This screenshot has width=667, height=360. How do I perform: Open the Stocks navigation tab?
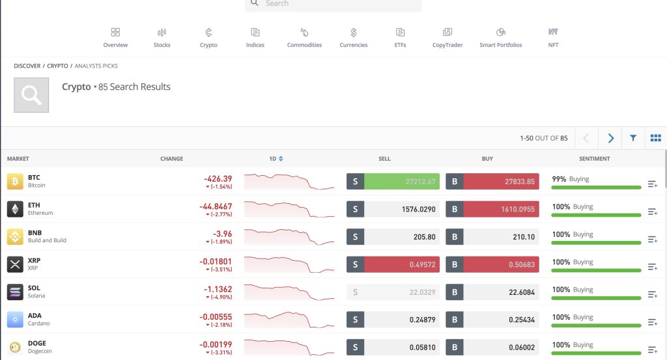pos(162,37)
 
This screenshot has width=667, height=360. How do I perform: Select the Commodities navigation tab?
pos(304,37)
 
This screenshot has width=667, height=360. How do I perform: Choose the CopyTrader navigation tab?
pos(447,37)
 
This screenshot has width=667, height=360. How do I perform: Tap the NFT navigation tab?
pos(553,37)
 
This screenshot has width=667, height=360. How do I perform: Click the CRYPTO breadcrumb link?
pos(57,66)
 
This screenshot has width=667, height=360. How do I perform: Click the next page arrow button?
pos(610,138)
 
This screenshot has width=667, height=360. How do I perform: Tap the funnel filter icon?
pos(633,138)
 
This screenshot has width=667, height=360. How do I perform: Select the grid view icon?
pos(655,138)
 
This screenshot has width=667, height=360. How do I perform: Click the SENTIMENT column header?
pos(594,159)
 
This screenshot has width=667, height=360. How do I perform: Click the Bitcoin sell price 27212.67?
pos(401,182)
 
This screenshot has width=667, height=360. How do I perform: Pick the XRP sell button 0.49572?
pos(401,264)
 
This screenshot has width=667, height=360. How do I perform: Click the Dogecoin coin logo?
pos(15,347)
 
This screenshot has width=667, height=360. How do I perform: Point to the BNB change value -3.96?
pos(222,234)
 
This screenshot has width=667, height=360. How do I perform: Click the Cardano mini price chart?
pos(289,319)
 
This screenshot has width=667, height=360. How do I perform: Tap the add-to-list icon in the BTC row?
pos(653,185)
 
